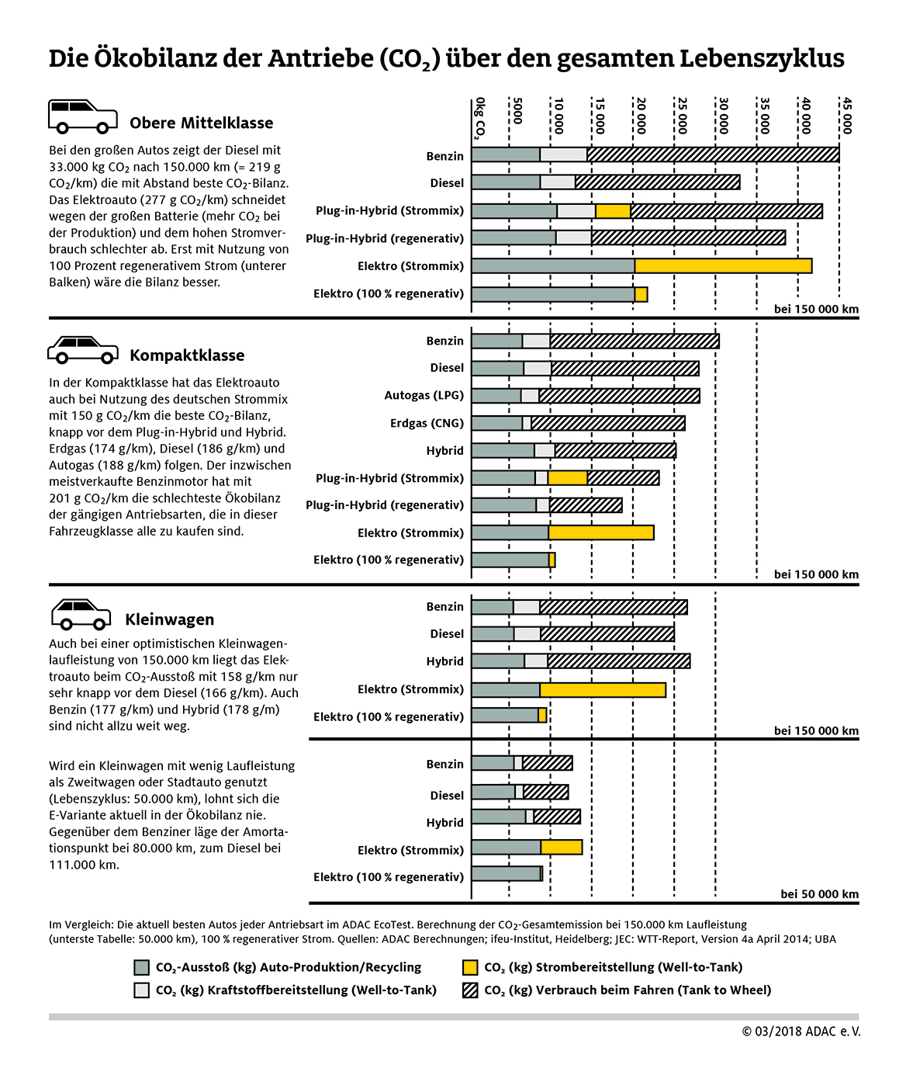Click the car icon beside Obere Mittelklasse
pyautogui.click(x=83, y=116)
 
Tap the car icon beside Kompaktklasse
pyautogui.click(x=83, y=349)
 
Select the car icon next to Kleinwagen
pyautogui.click(x=81, y=614)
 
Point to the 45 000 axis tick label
pyautogui.click(x=847, y=116)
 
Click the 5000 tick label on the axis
pyautogui.click(x=517, y=110)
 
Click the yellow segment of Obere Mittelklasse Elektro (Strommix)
pyautogui.click(x=723, y=265)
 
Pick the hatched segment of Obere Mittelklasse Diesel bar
pyautogui.click(x=657, y=182)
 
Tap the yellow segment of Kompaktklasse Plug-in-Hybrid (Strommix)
pyautogui.click(x=567, y=478)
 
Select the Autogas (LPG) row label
pyautogui.click(x=424, y=395)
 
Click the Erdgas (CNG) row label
pyautogui.click(x=427, y=423)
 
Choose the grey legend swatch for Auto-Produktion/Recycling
pyautogui.click(x=141, y=967)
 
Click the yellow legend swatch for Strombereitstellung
pyautogui.click(x=470, y=967)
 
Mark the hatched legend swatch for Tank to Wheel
pyautogui.click(x=470, y=990)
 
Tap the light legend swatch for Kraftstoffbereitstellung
pyautogui.click(x=141, y=990)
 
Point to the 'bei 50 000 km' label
pyautogui.click(x=819, y=894)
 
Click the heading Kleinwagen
pyautogui.click(x=169, y=619)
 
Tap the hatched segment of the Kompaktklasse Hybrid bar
pyautogui.click(x=615, y=450)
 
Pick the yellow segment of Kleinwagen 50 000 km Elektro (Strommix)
pyautogui.click(x=562, y=848)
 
